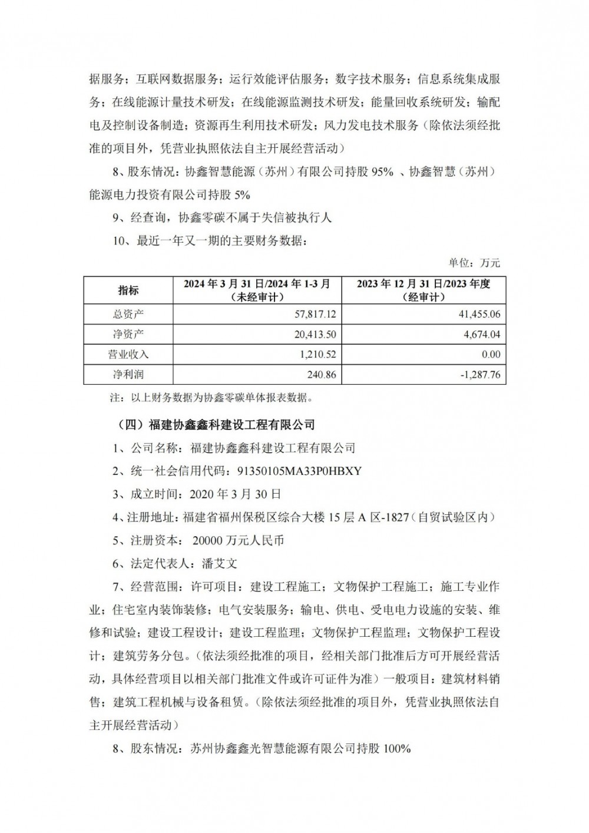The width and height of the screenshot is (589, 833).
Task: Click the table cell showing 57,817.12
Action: pyautogui.click(x=315, y=314)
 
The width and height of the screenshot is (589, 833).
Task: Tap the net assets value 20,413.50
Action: pyautogui.click(x=315, y=334)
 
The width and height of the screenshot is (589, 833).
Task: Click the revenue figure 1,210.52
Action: pyautogui.click(x=317, y=354)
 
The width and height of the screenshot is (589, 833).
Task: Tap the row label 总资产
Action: pyautogui.click(x=128, y=314)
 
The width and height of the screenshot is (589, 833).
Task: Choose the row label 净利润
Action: pyautogui.click(x=128, y=374)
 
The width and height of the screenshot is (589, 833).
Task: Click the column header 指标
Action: pyautogui.click(x=128, y=290)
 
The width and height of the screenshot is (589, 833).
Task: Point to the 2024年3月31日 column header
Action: pyautogui.click(x=257, y=290)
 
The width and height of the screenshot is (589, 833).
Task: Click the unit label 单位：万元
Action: pyautogui.click(x=474, y=263)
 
